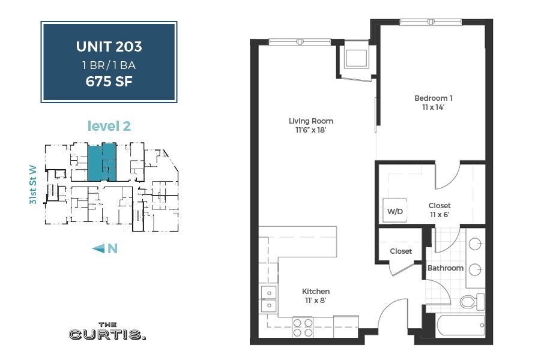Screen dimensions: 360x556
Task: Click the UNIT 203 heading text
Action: click(x=109, y=46)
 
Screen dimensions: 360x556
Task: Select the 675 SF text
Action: click(x=109, y=80)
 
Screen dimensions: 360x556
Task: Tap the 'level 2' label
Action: click(x=109, y=126)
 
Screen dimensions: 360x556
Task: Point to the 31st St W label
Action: click(x=34, y=185)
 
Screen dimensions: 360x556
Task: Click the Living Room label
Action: click(x=310, y=121)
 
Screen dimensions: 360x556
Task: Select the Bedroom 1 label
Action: click(x=433, y=98)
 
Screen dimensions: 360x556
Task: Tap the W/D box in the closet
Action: click(x=394, y=211)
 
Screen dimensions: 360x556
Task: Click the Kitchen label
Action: click(x=315, y=292)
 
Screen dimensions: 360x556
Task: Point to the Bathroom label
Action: click(x=445, y=268)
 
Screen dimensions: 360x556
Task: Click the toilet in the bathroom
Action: click(x=472, y=301)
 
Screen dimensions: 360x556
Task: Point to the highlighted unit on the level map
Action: click(x=101, y=161)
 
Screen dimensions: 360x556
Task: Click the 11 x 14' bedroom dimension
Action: click(x=433, y=107)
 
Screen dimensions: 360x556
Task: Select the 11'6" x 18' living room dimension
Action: click(x=310, y=130)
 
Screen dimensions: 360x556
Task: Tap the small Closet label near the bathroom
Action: click(x=400, y=251)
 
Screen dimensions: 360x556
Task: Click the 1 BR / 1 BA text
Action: click(x=109, y=64)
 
